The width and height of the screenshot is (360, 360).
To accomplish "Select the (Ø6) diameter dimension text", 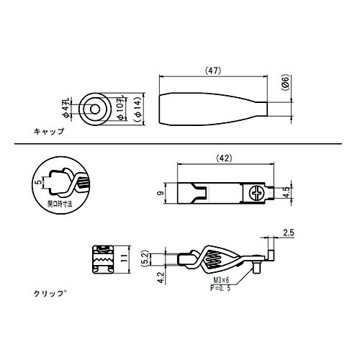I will click(286, 89).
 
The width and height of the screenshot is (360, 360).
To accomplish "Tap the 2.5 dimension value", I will click(289, 232).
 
